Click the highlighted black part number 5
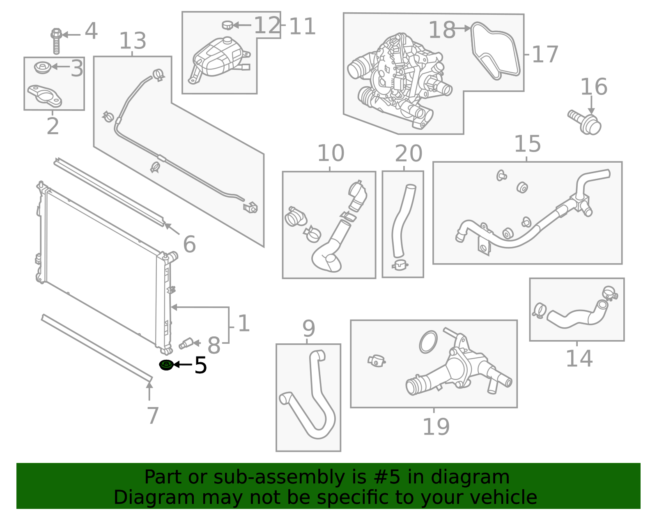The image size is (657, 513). coord(200,365)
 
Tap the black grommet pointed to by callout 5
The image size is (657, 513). coord(166,364)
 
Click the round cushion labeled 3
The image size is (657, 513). coord(42,67)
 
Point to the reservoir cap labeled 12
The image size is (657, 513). coord(227,25)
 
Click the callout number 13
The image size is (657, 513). coord(133,41)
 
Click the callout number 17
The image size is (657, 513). coord(545,55)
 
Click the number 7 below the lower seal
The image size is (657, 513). coord(152,416)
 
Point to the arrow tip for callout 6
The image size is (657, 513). coord(165,225)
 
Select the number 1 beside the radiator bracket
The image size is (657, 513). coord(244,324)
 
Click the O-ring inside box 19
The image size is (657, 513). coord(428,342)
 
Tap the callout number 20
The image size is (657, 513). coord(408,154)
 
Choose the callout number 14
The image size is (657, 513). coord(579,359)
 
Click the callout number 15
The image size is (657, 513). coord(527,144)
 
